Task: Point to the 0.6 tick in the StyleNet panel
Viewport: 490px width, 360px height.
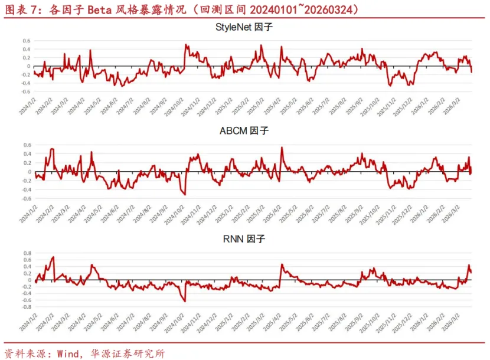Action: (26, 41)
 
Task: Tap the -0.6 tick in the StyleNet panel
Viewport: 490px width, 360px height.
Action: (25, 91)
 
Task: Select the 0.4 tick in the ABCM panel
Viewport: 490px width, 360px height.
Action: (26, 153)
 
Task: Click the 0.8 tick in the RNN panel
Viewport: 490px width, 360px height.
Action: (26, 253)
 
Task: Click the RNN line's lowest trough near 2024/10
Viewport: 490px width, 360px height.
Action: (184, 301)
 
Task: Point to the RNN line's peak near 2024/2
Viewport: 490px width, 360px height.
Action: (53, 257)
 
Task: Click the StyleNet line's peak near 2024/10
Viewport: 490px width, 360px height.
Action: (185, 44)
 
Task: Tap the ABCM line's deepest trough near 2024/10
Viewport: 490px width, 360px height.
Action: (184, 194)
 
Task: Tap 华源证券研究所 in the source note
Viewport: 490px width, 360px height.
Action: (127, 354)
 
